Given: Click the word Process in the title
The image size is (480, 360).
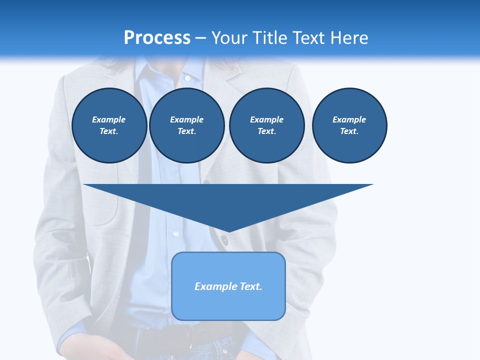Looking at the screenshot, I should pos(157,37).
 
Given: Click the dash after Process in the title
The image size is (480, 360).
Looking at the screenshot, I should pos(200,38).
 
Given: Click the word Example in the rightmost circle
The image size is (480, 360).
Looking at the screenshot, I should pos(349,119).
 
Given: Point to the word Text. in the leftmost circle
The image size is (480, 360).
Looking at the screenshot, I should pos(109,131).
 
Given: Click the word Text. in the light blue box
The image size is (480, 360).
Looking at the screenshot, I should pos(249,286).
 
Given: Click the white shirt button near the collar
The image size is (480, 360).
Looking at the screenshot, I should pos(187,78).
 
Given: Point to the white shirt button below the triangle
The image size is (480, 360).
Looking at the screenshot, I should pos(175,233).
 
